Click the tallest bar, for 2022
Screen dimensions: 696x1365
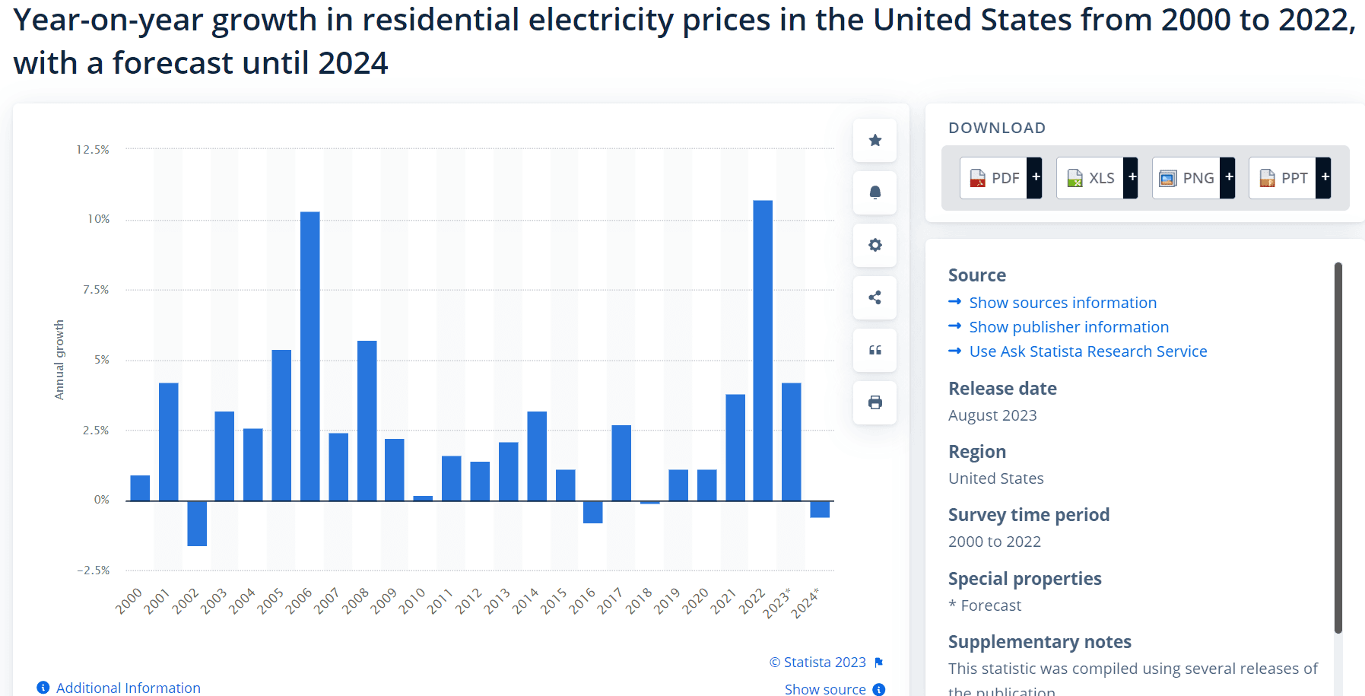tap(763, 350)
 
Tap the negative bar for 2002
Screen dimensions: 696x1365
tap(197, 523)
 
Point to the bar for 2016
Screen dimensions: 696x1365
tap(593, 512)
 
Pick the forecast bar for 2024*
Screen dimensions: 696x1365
tap(820, 509)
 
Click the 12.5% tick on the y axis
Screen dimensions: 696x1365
tap(93, 150)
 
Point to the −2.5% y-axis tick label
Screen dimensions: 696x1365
tap(94, 570)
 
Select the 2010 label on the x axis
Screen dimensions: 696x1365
tap(412, 601)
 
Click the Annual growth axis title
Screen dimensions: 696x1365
tap(59, 360)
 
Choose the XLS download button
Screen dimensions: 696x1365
tap(1091, 178)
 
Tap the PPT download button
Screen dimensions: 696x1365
tap(1284, 178)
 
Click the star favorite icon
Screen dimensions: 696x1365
tap(875, 141)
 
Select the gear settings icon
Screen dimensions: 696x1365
tap(875, 245)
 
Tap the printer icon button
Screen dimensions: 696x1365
tap(875, 402)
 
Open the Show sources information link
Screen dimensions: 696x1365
tap(1062, 303)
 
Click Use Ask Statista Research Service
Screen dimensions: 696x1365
tap(1087, 351)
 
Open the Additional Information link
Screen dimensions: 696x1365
tap(128, 688)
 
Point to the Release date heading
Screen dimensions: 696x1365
tap(1002, 389)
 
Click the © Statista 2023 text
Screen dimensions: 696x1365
tap(817, 663)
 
